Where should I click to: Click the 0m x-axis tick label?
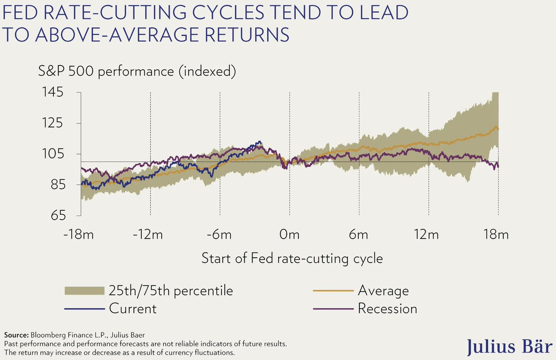(290, 234)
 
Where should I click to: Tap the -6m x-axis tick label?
(220, 234)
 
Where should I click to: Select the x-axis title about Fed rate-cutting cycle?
(292, 258)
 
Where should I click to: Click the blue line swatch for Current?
(84, 308)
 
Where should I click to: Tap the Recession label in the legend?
(387, 308)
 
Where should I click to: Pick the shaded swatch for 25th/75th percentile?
(84, 291)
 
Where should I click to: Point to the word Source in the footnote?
(15, 335)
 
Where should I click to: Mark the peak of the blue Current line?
(259, 142)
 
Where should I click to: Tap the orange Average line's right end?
(498, 128)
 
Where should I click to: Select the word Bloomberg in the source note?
(47, 335)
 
